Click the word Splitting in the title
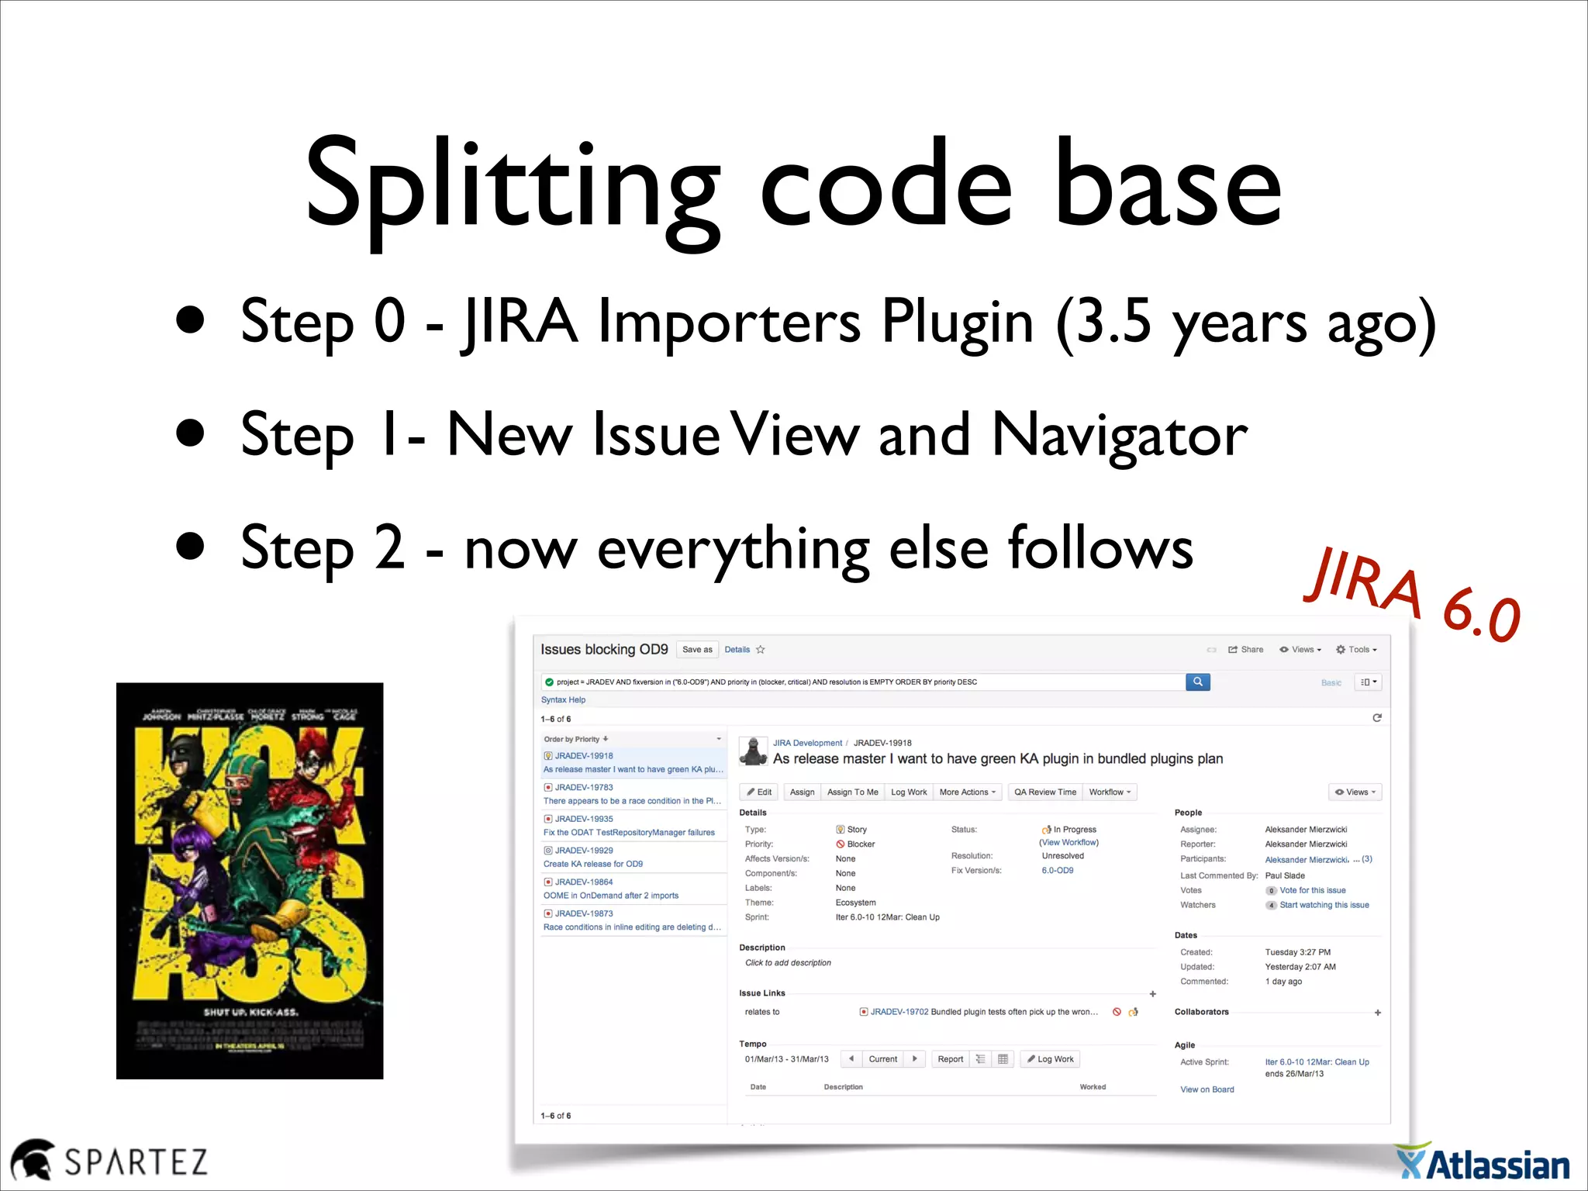pyautogui.click(x=512, y=186)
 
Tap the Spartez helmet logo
pyautogui.click(x=32, y=1161)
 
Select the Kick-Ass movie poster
pyautogui.click(x=250, y=880)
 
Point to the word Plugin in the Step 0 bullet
pyautogui.click(x=957, y=322)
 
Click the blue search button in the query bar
pyautogui.click(x=1197, y=682)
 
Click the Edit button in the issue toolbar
pyautogui.click(x=759, y=792)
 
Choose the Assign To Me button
pyautogui.click(x=852, y=792)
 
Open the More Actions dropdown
pyautogui.click(x=967, y=792)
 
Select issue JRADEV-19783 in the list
pyautogui.click(x=584, y=787)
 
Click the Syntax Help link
pyautogui.click(x=563, y=699)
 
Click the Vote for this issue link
pyautogui.click(x=1312, y=890)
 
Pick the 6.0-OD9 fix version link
pyautogui.click(x=1058, y=870)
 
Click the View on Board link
pyautogui.click(x=1207, y=1089)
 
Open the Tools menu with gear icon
pyautogui.click(x=1356, y=650)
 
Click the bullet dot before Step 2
pyautogui.click(x=190, y=546)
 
